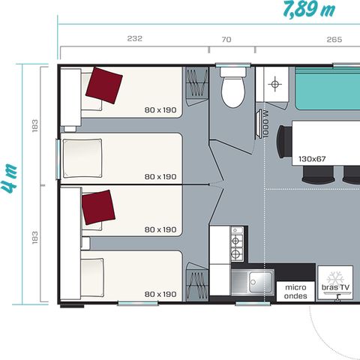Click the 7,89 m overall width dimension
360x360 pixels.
[308, 10]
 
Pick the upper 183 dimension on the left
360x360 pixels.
[35, 126]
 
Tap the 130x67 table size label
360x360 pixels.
[313, 159]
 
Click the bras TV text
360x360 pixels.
[335, 288]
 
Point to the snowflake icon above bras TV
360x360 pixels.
[335, 274]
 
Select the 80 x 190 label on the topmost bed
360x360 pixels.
[160, 109]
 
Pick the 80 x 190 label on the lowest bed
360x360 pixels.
[160, 294]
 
